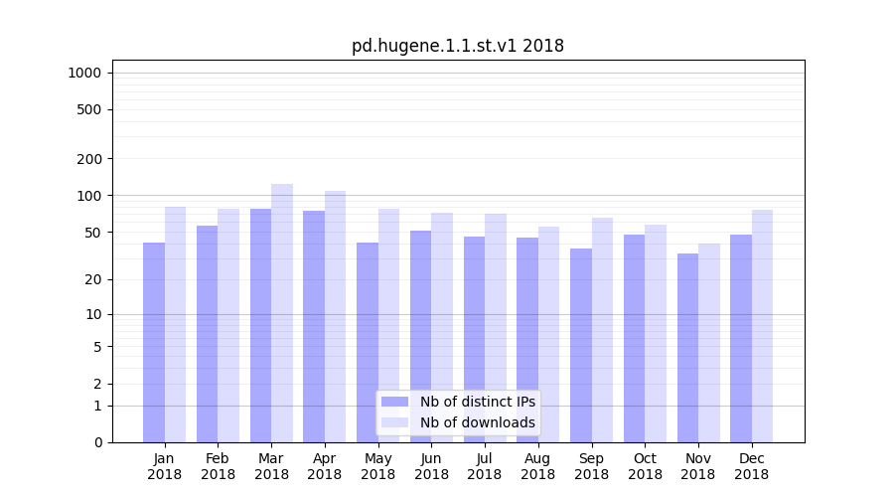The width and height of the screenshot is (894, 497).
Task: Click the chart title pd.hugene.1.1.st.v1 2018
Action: click(458, 46)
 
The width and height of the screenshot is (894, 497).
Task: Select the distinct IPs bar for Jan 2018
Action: click(154, 342)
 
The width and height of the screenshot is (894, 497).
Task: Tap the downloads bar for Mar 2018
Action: click(282, 313)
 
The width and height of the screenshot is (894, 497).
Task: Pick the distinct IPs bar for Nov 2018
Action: click(687, 348)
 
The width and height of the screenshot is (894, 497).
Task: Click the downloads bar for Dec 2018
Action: click(763, 326)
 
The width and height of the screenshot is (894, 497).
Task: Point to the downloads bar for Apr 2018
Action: click(336, 316)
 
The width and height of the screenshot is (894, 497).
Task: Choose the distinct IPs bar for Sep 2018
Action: click(581, 345)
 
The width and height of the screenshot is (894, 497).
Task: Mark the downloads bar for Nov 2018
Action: click(709, 343)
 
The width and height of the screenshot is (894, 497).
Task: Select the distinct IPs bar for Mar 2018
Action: click(260, 325)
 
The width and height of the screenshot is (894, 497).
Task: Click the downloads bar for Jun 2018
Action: click(442, 327)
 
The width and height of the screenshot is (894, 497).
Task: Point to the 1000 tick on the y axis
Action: click(84, 73)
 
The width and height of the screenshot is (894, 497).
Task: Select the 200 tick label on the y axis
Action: click(89, 159)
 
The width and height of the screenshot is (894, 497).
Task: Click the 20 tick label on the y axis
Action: click(92, 279)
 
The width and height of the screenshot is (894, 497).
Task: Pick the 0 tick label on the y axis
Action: click(97, 442)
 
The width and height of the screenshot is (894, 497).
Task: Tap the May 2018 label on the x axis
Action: click(378, 466)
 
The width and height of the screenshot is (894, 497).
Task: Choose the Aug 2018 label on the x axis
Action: click(538, 466)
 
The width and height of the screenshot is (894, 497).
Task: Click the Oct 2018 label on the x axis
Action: click(646, 466)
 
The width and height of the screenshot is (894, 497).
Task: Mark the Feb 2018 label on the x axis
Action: click(218, 466)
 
